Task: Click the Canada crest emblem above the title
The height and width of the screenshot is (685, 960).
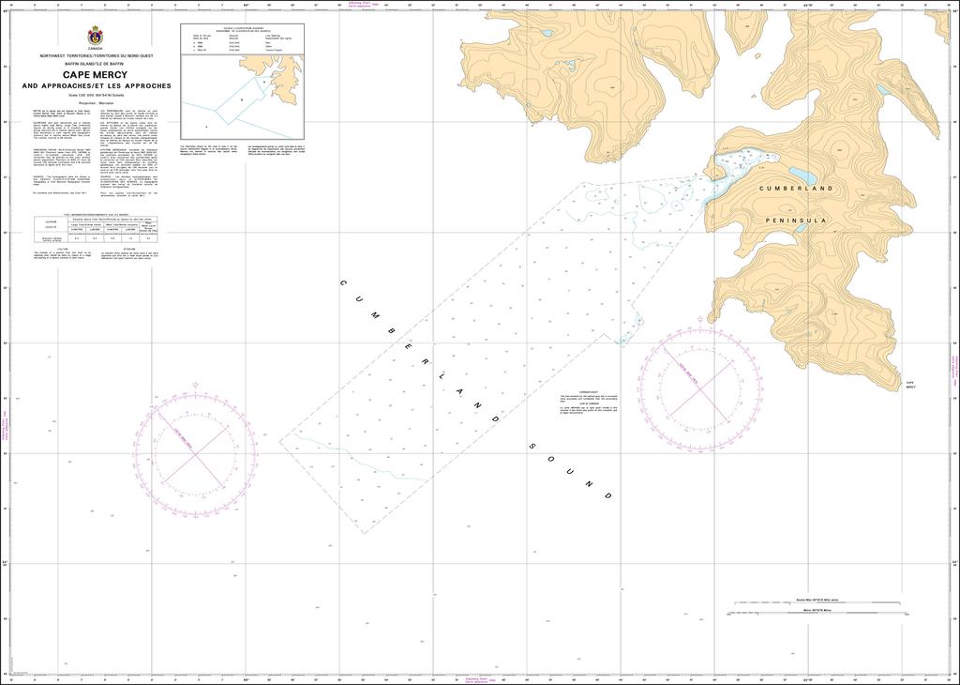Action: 96,36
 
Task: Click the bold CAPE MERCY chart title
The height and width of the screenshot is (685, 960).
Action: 96,75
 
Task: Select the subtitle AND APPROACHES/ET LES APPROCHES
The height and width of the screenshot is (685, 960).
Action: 97,85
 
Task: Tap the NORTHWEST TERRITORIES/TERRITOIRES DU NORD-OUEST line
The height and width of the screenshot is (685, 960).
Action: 96,55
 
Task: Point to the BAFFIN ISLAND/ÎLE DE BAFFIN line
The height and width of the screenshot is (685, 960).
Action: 96,62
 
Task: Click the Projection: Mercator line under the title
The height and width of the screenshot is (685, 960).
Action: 96,102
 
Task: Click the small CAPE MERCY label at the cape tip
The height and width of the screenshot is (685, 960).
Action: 910,386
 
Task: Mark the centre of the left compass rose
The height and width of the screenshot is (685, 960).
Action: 195,454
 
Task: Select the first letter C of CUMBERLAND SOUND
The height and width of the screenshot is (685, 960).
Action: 343,282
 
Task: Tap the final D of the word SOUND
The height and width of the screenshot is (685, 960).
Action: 608,495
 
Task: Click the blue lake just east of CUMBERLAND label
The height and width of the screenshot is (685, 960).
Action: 802,175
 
